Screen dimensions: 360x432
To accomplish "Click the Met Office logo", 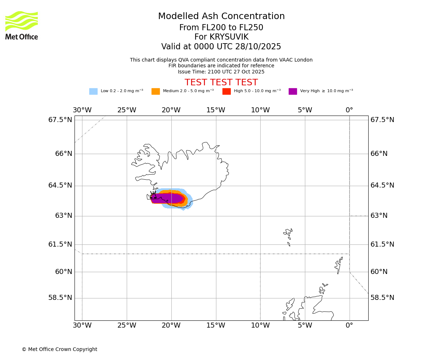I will tap(22, 25).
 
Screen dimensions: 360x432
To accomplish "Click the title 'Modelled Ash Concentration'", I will tap(221, 17).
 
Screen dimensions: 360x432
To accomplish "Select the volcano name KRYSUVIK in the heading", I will tap(221, 37).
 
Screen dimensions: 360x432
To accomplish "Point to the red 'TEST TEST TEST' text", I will tap(221, 83).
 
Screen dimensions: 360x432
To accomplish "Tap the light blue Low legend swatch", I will tap(93, 91).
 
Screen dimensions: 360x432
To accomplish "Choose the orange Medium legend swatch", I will tap(156, 91).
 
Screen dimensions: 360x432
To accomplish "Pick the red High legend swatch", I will tap(226, 91).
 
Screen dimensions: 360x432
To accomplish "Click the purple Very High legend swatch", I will tap(293, 91).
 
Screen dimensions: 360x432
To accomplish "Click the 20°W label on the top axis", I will tap(171, 110).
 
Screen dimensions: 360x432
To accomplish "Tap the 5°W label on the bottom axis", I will tap(305, 326).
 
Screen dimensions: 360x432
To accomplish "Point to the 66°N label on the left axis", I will tap(63, 154).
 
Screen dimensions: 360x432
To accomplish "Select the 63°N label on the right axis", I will tap(379, 216).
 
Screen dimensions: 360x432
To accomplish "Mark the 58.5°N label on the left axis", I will tap(60, 298).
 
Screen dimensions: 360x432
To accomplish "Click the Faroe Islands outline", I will tap(288, 236).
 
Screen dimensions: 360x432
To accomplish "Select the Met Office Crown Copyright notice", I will tap(59, 350).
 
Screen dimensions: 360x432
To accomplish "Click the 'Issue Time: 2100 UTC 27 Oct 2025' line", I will tap(221, 72).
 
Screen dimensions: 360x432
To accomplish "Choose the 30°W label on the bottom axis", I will tap(82, 326).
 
